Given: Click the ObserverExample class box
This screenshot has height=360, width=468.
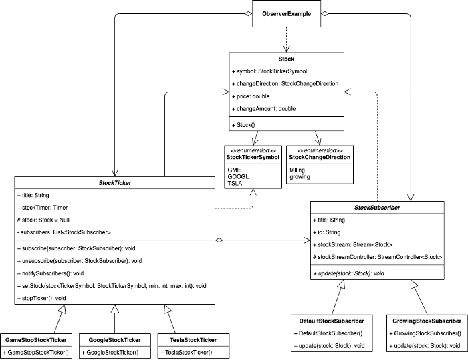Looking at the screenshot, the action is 287,14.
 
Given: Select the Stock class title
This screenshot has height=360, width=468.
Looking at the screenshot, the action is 286,59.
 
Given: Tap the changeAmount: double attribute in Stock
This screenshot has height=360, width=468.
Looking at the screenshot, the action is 264,109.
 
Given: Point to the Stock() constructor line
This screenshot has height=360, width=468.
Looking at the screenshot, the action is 243,125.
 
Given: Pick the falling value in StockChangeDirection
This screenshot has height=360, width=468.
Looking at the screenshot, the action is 297,170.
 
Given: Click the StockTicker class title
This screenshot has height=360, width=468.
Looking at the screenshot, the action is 115,183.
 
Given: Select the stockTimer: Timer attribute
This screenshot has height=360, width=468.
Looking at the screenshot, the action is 42,208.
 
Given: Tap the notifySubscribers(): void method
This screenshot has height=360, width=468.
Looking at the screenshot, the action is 50,273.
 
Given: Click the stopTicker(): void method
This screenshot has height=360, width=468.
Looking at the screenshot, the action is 41,298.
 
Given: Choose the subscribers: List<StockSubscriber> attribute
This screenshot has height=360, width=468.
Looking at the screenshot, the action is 64,232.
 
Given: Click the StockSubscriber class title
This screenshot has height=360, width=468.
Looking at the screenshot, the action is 377,208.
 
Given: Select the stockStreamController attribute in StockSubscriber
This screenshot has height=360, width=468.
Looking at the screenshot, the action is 378,257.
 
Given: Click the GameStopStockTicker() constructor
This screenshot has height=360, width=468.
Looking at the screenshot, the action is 36,352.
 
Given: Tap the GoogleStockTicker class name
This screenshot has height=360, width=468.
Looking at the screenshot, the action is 114,340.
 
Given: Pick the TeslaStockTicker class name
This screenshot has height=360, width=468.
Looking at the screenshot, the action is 193,340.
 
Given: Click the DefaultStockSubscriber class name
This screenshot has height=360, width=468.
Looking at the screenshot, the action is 332,321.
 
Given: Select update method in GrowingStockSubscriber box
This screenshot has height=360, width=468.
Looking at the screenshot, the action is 425,346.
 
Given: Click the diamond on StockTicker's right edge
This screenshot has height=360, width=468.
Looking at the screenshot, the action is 219,240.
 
